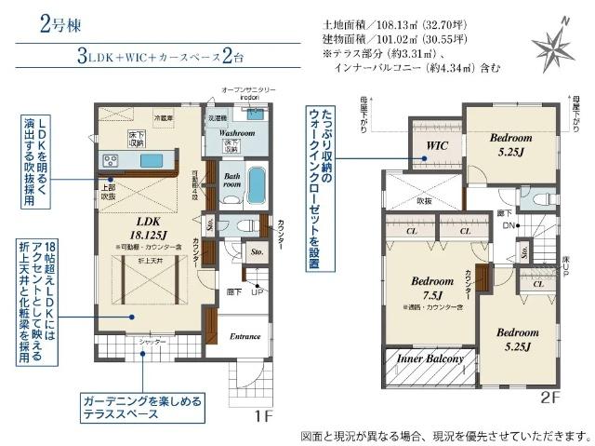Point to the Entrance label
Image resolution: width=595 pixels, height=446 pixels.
coord(245,336)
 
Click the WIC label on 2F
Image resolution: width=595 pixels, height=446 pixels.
coord(437,146)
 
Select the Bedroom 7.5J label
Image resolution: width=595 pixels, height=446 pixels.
coord(430,286)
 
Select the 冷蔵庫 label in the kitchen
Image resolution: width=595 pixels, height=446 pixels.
coord(164,119)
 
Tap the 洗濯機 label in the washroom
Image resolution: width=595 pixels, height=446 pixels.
coord(218,119)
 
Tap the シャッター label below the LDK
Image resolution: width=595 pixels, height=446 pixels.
coord(153,342)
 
